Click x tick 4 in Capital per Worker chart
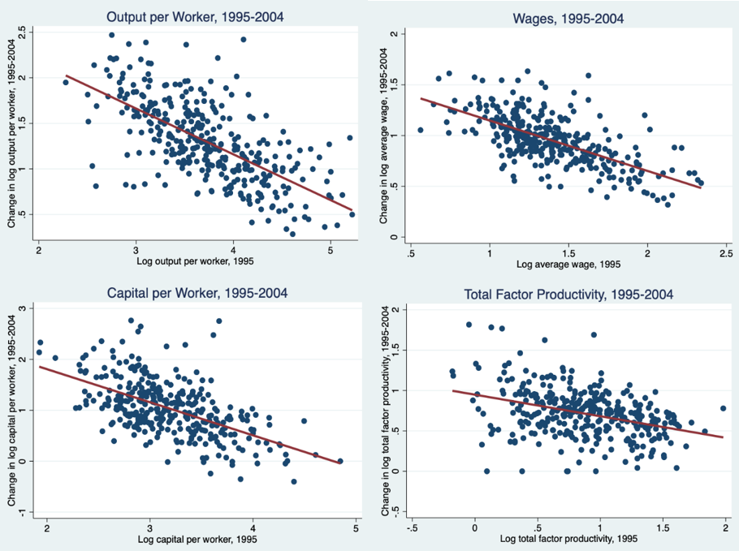tap(253, 527)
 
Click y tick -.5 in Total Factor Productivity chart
tap(395, 511)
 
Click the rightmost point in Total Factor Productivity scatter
tap(723, 408)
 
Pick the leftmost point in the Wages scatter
tap(420, 130)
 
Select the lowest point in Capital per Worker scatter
tap(294, 481)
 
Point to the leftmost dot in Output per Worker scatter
tap(66, 82)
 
